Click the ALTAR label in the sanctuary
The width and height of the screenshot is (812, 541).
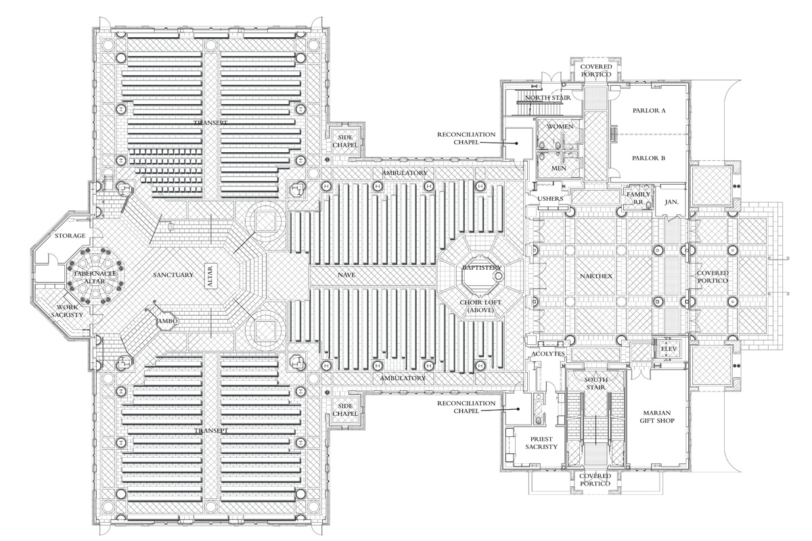[x=210, y=275]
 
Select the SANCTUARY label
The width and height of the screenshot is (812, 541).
[x=173, y=275]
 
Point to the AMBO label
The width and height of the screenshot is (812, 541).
[x=166, y=321]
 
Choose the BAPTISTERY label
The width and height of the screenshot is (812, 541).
[x=482, y=268]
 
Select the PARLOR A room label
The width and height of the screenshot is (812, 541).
[x=649, y=110]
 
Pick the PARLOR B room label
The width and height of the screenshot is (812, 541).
[x=649, y=158]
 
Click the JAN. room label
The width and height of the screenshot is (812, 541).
[x=672, y=202]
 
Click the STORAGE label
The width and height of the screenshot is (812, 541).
[x=70, y=235]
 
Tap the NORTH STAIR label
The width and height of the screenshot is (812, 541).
[x=548, y=97]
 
